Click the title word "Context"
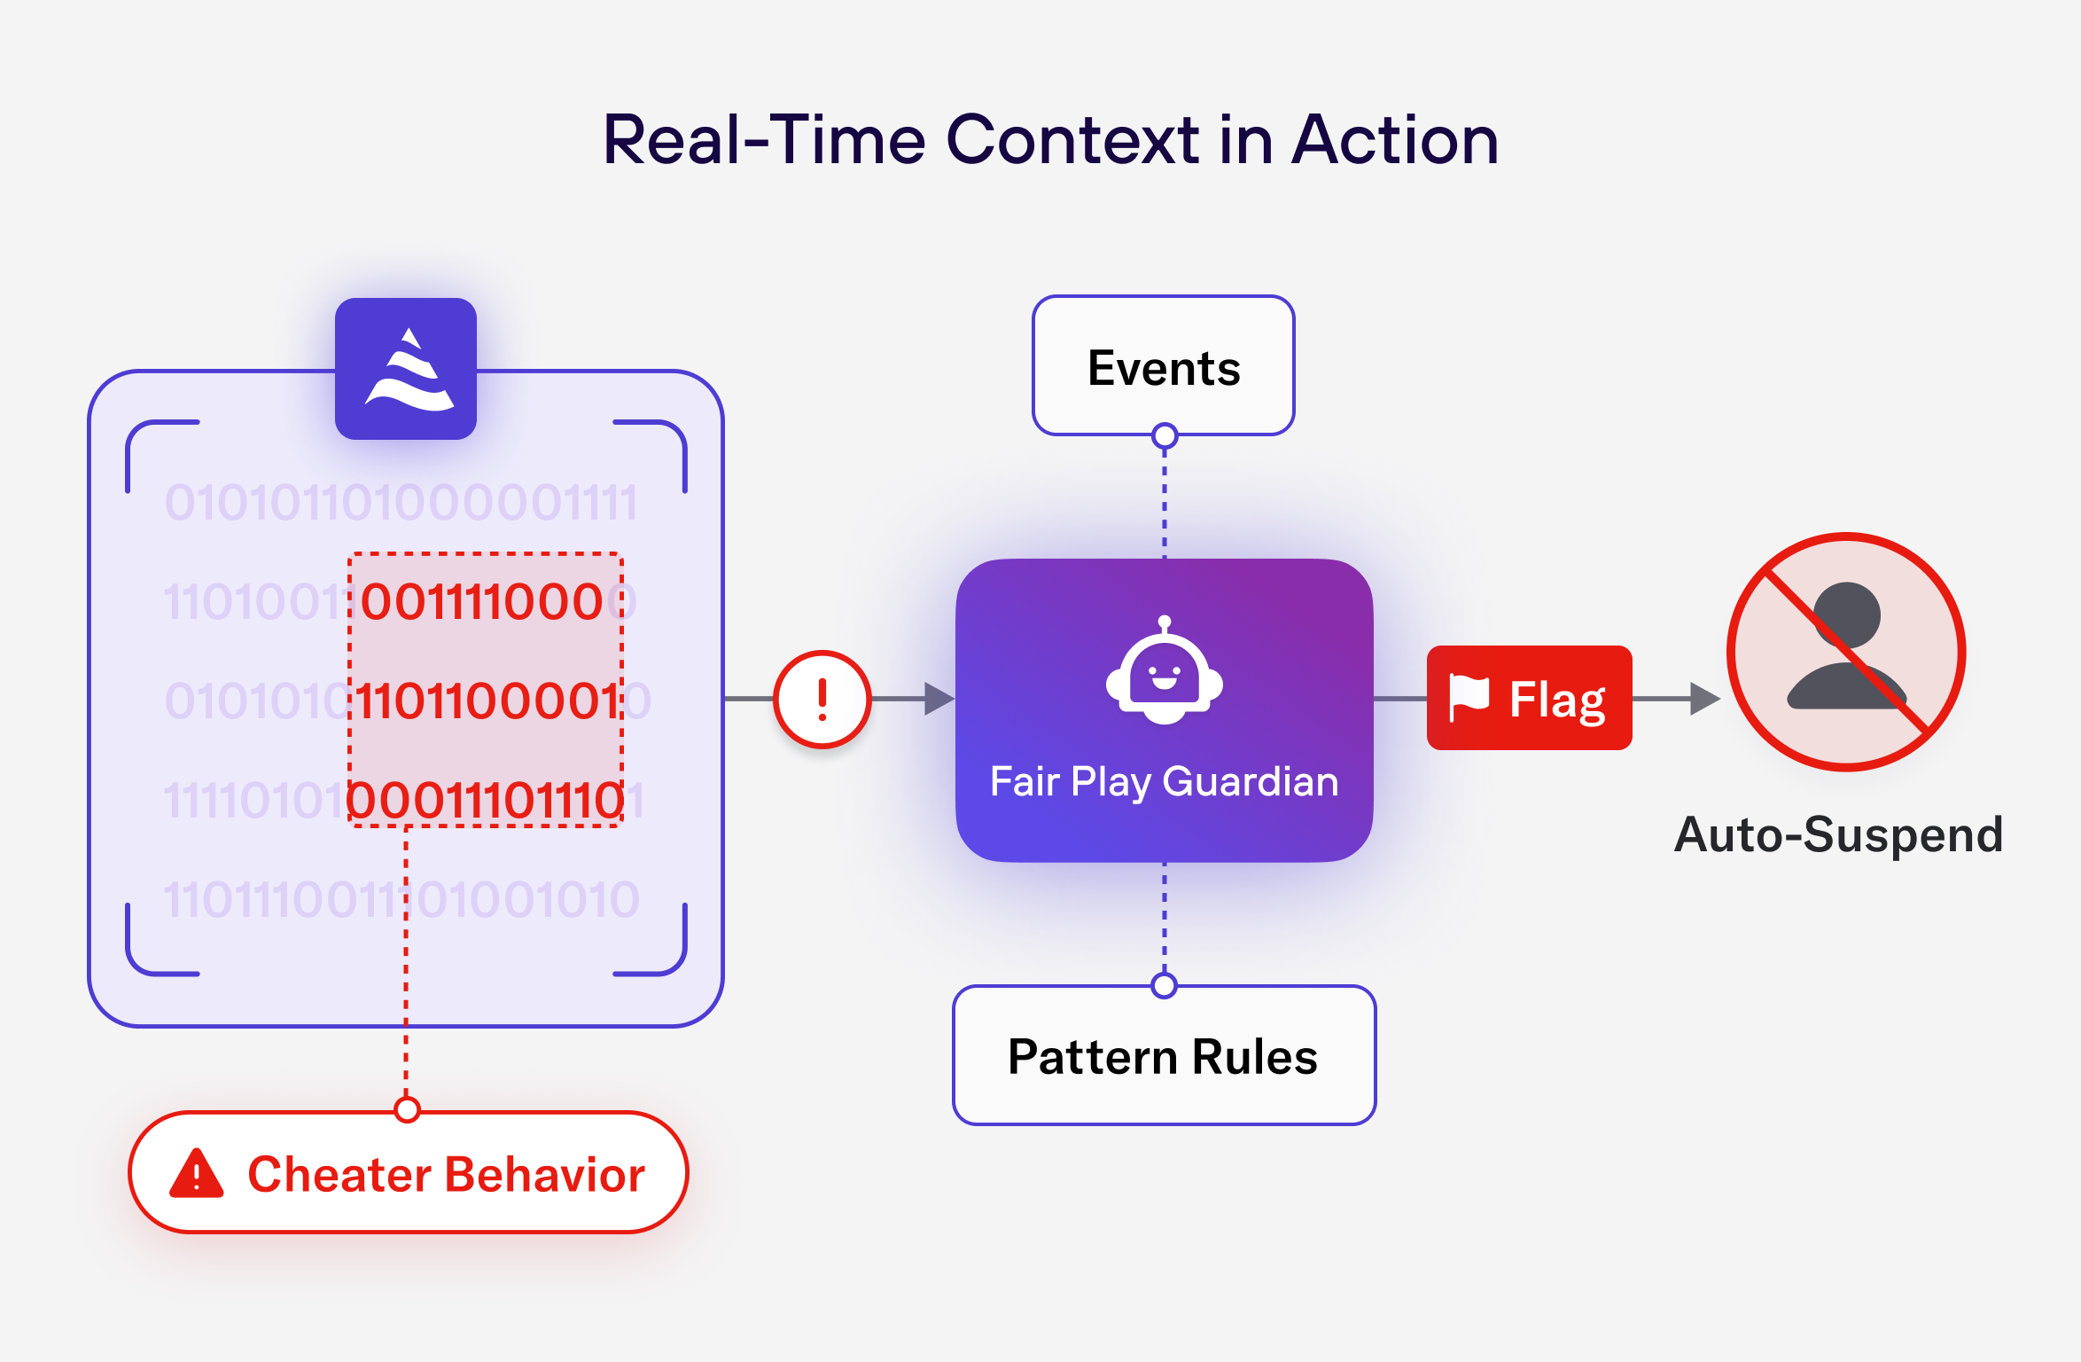coord(1072,140)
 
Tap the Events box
coord(1163,367)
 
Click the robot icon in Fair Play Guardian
coord(1164,674)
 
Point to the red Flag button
coord(1529,699)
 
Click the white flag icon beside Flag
coord(1469,697)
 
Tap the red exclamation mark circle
coord(822,699)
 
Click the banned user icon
coord(1846,652)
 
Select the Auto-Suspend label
coord(1838,834)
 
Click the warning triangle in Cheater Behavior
coord(197,1174)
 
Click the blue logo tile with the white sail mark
coord(406,369)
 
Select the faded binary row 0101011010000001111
coord(401,503)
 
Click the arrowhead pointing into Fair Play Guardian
coord(938,699)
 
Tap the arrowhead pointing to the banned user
coord(1703,699)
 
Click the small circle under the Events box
coord(1165,436)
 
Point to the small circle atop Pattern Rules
coord(1164,985)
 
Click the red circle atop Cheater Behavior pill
coord(407,1109)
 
